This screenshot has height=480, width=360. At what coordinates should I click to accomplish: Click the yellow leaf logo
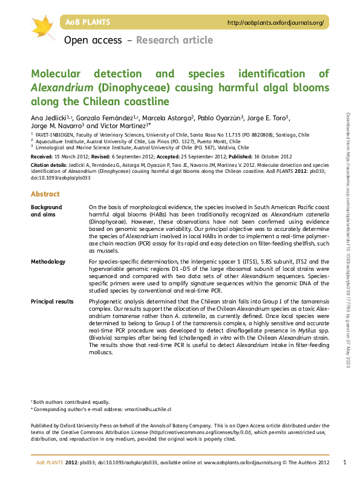coord(43,26)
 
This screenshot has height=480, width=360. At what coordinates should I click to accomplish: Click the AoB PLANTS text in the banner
coord(87,22)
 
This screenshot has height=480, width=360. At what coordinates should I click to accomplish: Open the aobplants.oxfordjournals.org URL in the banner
coord(275,23)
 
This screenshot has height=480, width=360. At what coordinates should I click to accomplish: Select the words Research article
coord(175,41)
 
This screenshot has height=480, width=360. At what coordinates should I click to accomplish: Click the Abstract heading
coord(45,194)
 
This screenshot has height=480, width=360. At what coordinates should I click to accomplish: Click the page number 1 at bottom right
coord(344,462)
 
